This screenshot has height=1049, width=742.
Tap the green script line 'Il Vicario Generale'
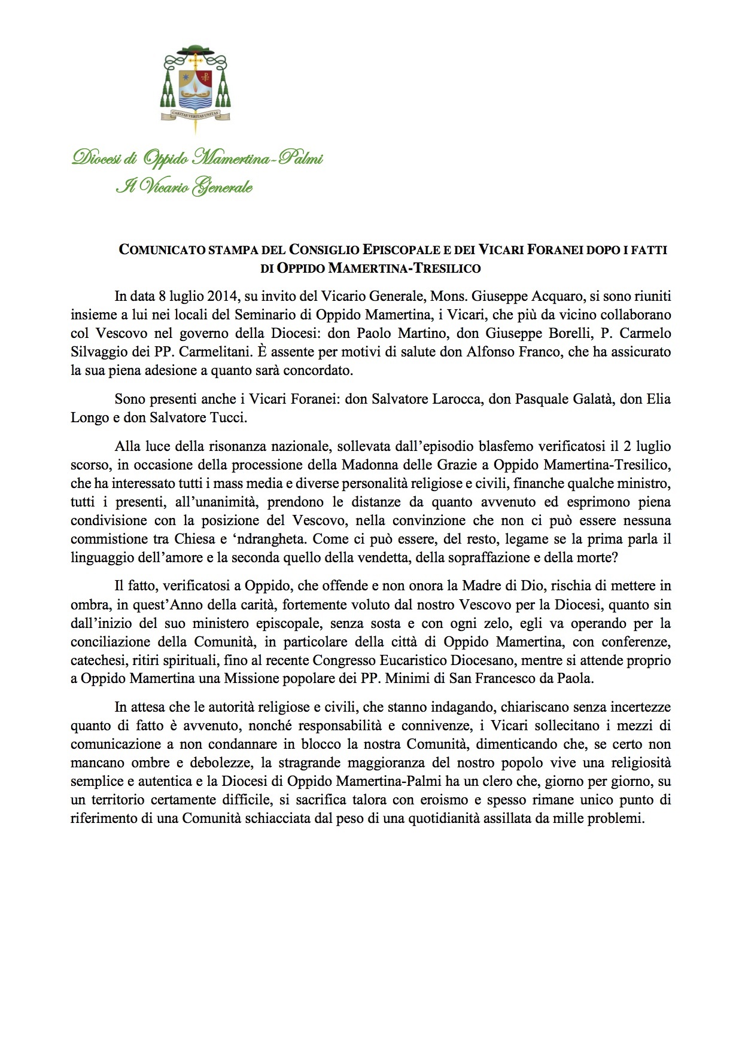pos(184,187)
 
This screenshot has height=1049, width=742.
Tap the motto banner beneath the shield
pos(196,112)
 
